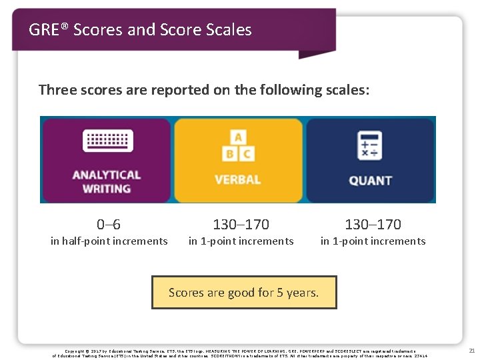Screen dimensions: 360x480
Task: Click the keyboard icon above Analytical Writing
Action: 107,142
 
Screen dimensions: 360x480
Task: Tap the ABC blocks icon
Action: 237,146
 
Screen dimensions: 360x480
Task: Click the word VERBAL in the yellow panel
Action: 237,179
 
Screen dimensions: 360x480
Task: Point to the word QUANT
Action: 370,180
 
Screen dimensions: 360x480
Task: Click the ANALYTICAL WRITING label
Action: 107,181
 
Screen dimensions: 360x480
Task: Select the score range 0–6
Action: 109,225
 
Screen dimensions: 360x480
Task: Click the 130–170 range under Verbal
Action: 241,225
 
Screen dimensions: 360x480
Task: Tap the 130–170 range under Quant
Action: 373,225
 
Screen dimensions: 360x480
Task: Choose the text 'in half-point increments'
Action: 109,241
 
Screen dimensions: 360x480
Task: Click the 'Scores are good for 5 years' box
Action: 244,293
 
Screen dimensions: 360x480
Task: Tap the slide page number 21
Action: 472,351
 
